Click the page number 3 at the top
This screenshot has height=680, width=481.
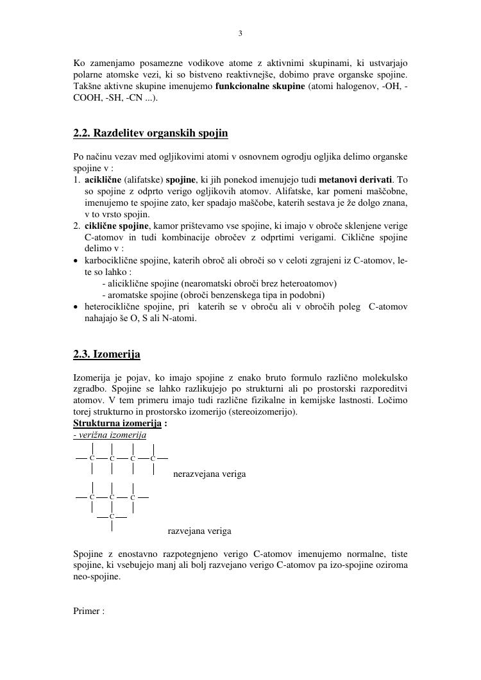coord(240,34)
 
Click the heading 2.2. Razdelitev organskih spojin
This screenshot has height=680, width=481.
coord(150,133)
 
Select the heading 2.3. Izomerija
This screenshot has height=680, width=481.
coord(106,354)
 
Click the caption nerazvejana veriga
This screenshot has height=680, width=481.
coord(209,474)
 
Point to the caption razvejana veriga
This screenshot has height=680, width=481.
coord(199,531)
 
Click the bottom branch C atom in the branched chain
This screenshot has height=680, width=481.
coord(112,516)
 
